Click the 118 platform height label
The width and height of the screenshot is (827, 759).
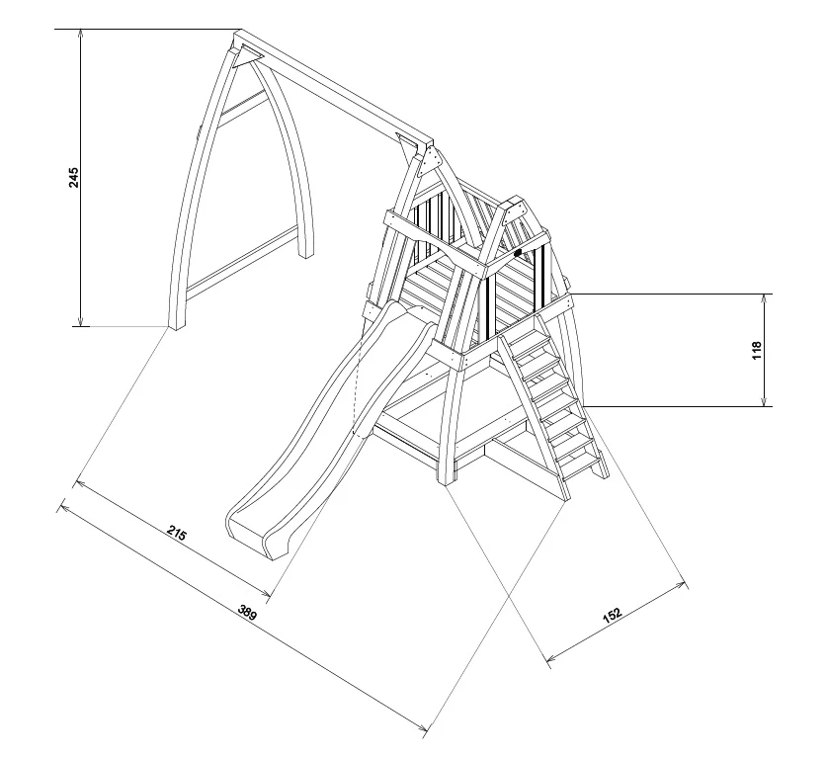757,350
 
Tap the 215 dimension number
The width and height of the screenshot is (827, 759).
176,535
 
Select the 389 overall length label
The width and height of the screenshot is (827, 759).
247,613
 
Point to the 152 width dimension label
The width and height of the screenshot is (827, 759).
613,616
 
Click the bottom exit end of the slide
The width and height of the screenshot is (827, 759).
249,529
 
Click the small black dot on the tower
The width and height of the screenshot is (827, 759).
517,254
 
